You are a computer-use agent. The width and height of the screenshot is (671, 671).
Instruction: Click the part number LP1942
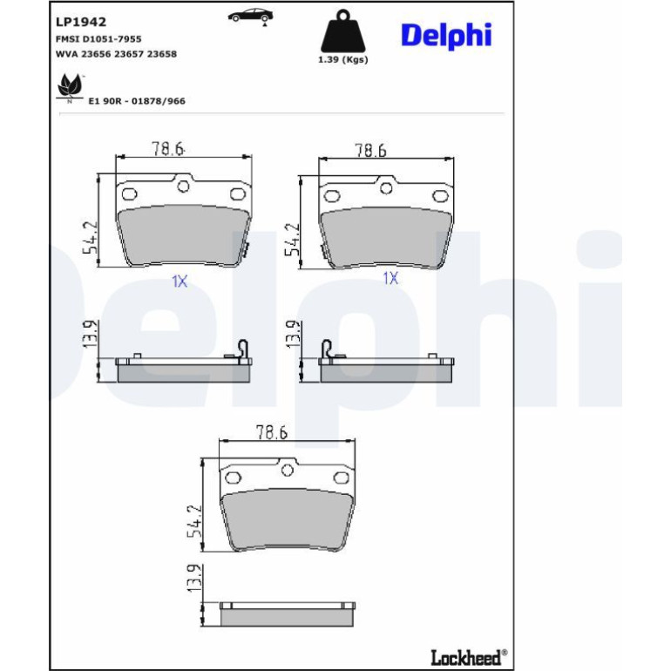(x=81, y=22)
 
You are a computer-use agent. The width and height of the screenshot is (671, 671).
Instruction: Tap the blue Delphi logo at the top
(x=446, y=36)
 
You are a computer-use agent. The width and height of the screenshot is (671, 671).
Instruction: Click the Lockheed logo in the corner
(x=469, y=657)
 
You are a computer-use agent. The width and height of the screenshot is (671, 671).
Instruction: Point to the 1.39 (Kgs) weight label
(x=342, y=59)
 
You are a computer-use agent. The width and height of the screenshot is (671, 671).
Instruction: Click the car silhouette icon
(x=250, y=16)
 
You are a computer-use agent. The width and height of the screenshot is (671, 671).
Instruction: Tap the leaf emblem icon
(x=70, y=87)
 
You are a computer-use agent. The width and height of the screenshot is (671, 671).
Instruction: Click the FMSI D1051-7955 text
(x=98, y=39)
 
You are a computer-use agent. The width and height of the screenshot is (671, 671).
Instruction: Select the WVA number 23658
(x=162, y=54)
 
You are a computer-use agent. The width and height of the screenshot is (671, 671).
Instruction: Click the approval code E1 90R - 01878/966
(x=137, y=101)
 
